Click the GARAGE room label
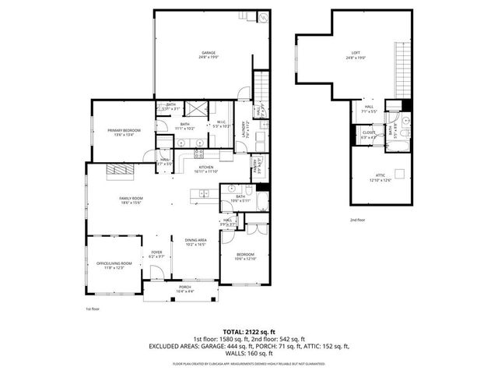(207, 55)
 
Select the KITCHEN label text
(206, 169)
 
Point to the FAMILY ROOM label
(131, 200)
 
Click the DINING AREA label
(195, 242)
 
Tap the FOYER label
(156, 254)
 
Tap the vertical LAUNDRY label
(244, 129)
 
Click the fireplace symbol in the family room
(120, 170)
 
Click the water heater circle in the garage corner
(264, 17)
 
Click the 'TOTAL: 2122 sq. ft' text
(248, 331)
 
